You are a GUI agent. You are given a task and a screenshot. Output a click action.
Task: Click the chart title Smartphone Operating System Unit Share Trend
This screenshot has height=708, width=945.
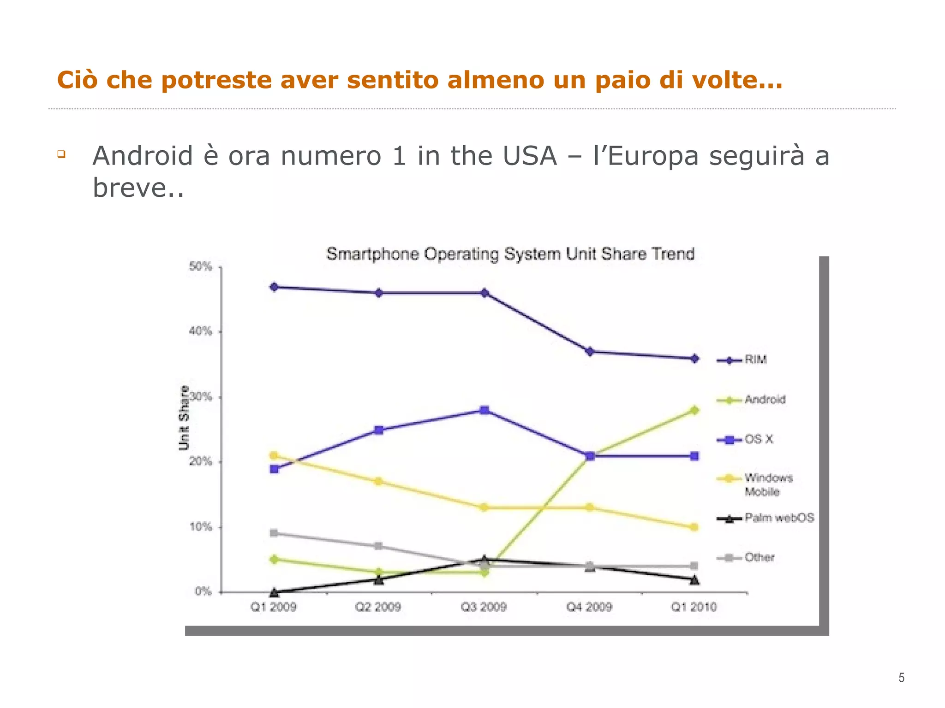pyautogui.click(x=510, y=254)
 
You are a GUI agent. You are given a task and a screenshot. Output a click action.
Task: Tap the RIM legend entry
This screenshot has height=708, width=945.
pyautogui.click(x=755, y=360)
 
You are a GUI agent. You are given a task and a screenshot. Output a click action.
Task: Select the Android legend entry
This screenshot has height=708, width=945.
pyautogui.click(x=765, y=400)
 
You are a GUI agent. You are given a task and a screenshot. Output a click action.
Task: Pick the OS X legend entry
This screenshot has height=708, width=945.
pyautogui.click(x=758, y=439)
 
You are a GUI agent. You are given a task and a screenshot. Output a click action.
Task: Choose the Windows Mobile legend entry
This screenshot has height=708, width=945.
pyautogui.click(x=768, y=484)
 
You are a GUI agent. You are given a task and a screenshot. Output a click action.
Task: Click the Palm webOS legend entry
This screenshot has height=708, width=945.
pyautogui.click(x=779, y=518)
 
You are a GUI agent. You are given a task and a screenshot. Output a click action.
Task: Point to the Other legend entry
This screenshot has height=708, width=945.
pyautogui.click(x=759, y=558)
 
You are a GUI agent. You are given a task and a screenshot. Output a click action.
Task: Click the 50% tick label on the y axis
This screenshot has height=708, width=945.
pyautogui.click(x=201, y=266)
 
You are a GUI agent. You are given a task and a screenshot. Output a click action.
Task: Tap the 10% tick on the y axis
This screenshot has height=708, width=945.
pyautogui.click(x=201, y=527)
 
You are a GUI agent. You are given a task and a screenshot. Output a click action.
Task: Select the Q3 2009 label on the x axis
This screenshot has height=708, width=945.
pyautogui.click(x=484, y=607)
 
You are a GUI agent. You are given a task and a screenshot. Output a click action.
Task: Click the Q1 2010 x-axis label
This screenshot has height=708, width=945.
pyautogui.click(x=694, y=607)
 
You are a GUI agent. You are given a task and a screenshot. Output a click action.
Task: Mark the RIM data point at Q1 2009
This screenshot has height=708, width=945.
pyautogui.click(x=274, y=287)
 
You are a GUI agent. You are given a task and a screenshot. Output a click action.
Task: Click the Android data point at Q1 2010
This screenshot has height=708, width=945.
pyautogui.click(x=694, y=410)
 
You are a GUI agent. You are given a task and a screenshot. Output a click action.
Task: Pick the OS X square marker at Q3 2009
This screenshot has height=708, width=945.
pyautogui.click(x=484, y=410)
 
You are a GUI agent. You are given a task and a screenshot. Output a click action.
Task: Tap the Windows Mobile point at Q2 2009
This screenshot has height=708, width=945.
pyautogui.click(x=378, y=482)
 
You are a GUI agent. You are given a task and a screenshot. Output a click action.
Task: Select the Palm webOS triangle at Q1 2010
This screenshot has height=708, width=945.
pyautogui.click(x=694, y=580)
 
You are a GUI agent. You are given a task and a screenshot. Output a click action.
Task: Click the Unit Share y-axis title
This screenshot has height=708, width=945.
pyautogui.click(x=184, y=418)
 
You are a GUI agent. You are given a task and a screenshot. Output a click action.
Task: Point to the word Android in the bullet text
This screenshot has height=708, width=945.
pyautogui.click(x=143, y=156)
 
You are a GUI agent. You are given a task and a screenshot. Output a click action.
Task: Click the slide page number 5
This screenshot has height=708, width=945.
pyautogui.click(x=901, y=678)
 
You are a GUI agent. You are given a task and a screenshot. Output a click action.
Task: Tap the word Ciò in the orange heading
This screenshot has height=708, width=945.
pyautogui.click(x=77, y=80)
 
